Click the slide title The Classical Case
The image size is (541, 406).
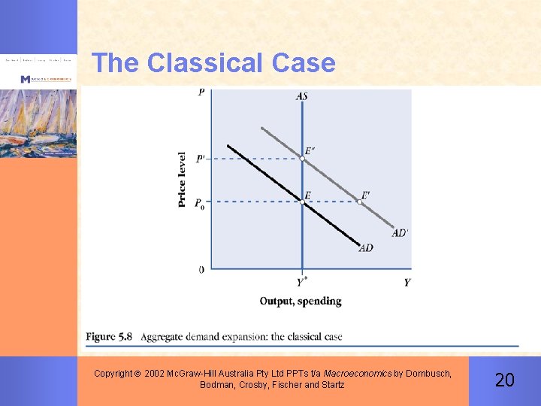(x=213, y=62)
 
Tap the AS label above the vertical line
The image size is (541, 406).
(x=301, y=96)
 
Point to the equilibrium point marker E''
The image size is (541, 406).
(x=302, y=158)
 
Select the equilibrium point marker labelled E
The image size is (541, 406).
(x=302, y=201)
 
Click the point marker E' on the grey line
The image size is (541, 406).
(x=359, y=201)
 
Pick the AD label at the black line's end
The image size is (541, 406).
(x=366, y=248)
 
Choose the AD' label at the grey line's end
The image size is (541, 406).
(x=400, y=233)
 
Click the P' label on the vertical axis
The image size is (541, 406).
(x=201, y=159)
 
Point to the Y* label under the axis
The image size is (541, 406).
(x=301, y=283)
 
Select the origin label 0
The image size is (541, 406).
(x=201, y=269)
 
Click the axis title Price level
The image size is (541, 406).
(x=182, y=180)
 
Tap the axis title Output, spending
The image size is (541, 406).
(x=301, y=301)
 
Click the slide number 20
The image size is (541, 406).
(x=505, y=380)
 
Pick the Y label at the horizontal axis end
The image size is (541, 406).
(x=407, y=283)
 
